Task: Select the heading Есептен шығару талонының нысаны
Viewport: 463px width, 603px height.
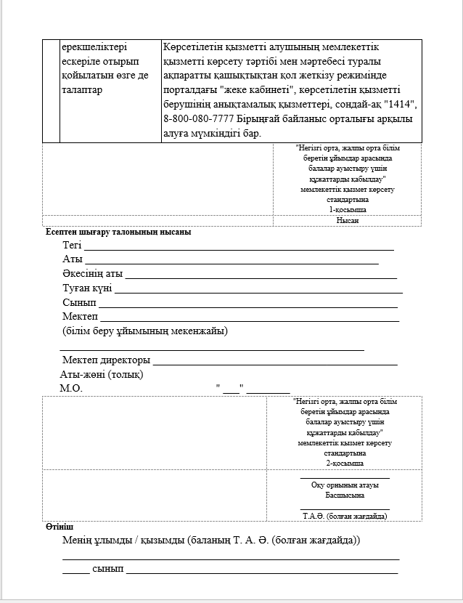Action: pyautogui.click(x=118, y=232)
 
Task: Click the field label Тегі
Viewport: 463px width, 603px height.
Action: pyautogui.click(x=72, y=245)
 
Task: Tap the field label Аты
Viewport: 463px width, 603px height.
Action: pyautogui.click(x=73, y=259)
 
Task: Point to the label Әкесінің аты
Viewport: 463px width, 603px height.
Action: pyautogui.click(x=92, y=274)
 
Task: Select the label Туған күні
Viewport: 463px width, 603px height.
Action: pyautogui.click(x=87, y=288)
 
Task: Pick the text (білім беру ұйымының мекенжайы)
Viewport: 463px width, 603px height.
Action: pyautogui.click(x=145, y=331)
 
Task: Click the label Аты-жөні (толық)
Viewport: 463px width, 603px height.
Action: pyautogui.click(x=102, y=374)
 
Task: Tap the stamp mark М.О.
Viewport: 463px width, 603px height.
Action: pyautogui.click(x=71, y=388)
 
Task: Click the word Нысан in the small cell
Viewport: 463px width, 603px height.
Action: pyautogui.click(x=348, y=220)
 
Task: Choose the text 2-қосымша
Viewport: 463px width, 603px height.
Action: pyautogui.click(x=345, y=463)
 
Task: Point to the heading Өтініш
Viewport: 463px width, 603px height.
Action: pyautogui.click(x=60, y=526)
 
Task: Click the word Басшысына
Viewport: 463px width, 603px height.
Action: pyautogui.click(x=345, y=495)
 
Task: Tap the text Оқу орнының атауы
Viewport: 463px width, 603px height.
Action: pyautogui.click(x=345, y=485)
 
